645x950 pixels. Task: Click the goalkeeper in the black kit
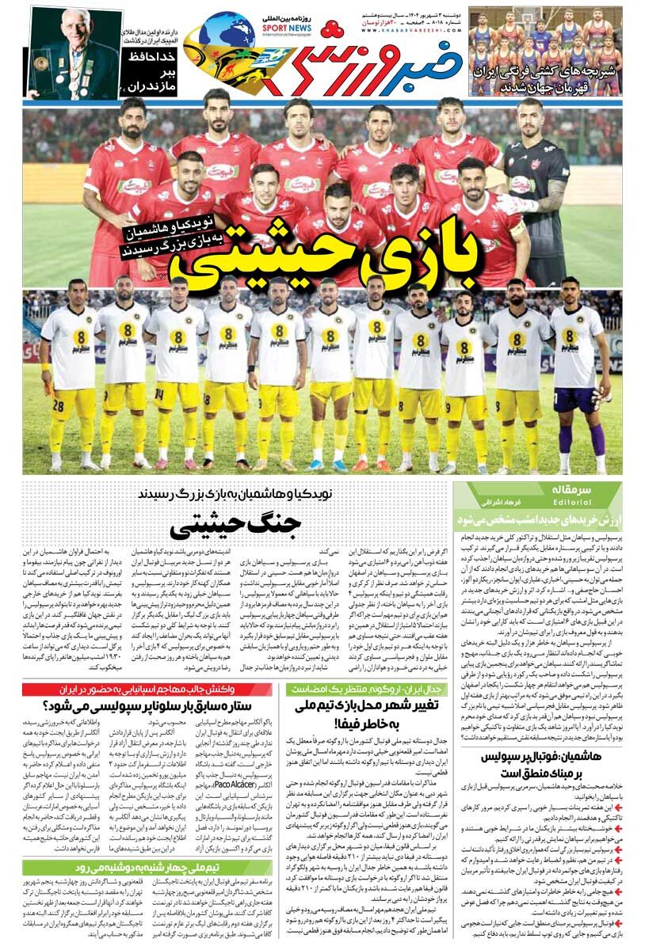tap(536, 190)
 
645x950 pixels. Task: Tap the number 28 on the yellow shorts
tap(58, 406)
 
